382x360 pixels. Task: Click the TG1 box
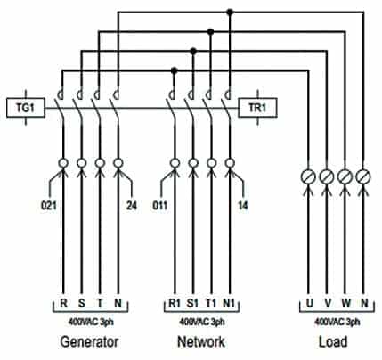tap(26, 108)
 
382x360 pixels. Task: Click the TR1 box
tap(257, 108)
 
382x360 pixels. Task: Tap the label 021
tap(49, 206)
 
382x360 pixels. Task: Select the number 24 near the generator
tap(132, 206)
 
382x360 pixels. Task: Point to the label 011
tap(160, 206)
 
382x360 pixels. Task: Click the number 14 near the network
tap(243, 206)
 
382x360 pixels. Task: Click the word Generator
tap(89, 341)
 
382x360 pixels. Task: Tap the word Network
tap(201, 341)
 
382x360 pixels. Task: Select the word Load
tap(333, 341)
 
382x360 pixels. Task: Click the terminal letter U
tap(310, 303)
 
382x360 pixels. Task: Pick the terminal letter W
tap(345, 303)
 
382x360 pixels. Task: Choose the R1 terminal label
tap(175, 303)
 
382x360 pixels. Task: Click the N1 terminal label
tap(229, 303)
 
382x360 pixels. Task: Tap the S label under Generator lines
tap(82, 303)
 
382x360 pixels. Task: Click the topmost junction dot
tap(230, 12)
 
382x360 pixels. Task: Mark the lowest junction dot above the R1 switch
tap(175, 70)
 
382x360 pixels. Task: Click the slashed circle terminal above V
tap(327, 177)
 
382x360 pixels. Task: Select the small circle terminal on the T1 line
tap(211, 163)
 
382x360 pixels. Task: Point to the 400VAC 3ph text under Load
tap(337, 322)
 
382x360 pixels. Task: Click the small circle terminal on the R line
tap(63, 163)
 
